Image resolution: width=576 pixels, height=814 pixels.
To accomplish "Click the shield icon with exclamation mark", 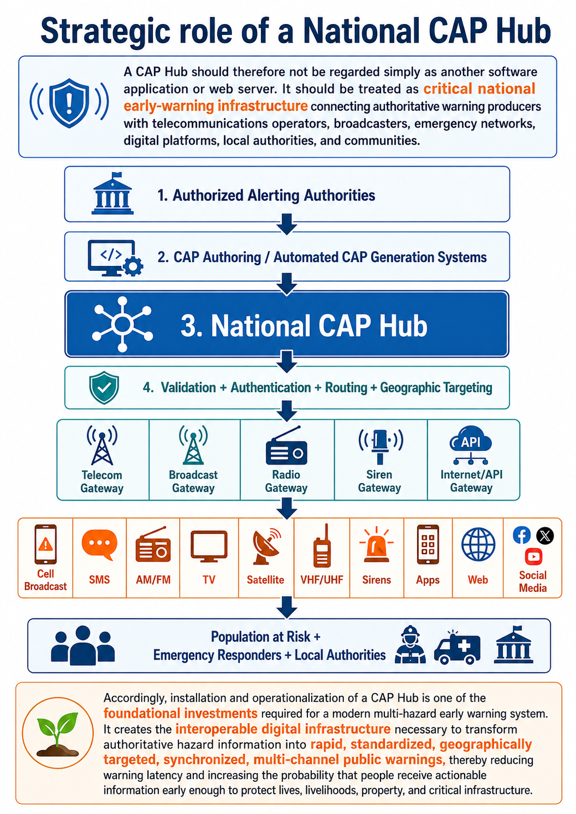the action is tap(69, 103).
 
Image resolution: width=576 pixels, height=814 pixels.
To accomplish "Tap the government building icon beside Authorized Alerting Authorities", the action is tap(112, 193).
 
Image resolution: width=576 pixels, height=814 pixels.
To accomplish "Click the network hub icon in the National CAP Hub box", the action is tap(122, 324).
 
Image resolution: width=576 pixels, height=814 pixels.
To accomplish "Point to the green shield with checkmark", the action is tap(104, 388).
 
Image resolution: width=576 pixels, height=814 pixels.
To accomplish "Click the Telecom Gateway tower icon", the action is tap(102, 445).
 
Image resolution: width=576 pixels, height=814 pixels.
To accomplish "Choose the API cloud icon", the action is tap(471, 445).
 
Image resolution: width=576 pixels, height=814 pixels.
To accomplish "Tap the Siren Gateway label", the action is tap(379, 481).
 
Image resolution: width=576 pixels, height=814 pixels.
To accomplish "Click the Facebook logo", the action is tap(521, 535).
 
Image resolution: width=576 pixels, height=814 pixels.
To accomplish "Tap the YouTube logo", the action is tap(533, 557).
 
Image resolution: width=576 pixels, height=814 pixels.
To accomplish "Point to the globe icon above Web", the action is tap(478, 545).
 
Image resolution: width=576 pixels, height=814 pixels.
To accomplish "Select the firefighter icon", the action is tap(410, 644).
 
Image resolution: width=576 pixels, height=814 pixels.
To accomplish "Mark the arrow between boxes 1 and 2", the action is tap(287, 224).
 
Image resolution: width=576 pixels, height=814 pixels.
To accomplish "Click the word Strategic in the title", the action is tap(105, 32).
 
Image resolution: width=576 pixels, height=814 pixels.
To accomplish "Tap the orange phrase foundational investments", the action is tap(180, 713).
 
